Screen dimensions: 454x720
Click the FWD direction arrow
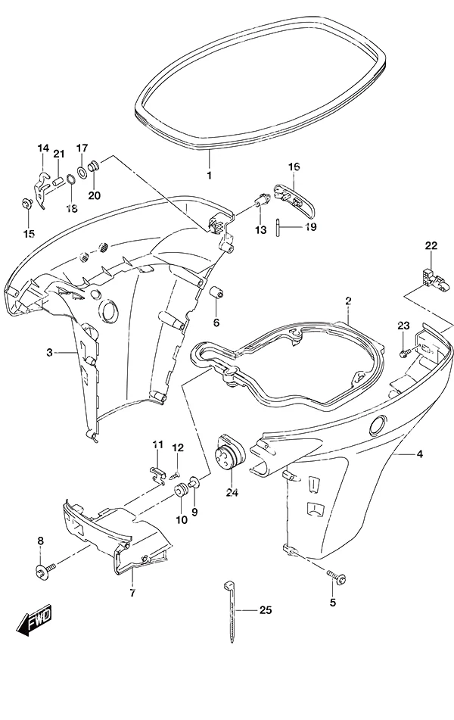click(x=35, y=620)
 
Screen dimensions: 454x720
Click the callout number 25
click(x=266, y=609)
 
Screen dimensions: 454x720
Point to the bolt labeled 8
click(x=45, y=570)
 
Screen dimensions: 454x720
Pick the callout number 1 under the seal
click(x=210, y=176)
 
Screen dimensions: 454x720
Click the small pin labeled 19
click(x=278, y=228)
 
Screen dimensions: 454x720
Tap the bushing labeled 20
click(x=94, y=165)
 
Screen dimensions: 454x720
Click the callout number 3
click(x=50, y=353)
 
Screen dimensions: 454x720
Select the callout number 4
click(x=419, y=454)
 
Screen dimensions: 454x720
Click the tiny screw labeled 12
click(x=174, y=476)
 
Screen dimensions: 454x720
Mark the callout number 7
click(x=132, y=594)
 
